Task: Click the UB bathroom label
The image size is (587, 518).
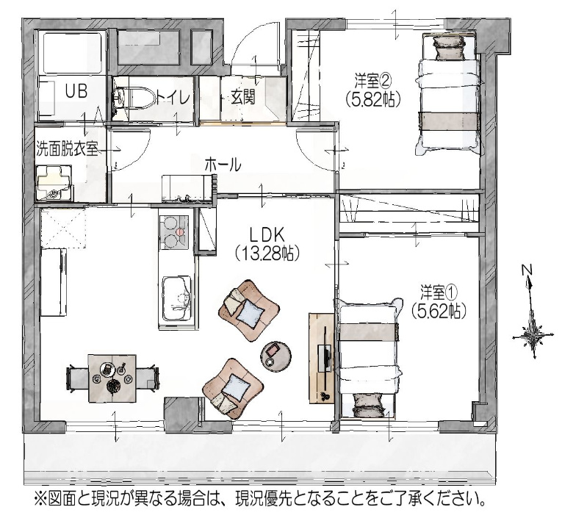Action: click(x=76, y=91)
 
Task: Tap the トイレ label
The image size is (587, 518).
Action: click(x=173, y=98)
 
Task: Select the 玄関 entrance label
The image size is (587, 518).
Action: click(x=243, y=97)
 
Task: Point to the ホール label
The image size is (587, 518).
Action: click(x=223, y=165)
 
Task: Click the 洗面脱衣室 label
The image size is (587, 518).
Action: click(x=67, y=149)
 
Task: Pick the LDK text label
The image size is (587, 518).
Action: click(x=267, y=235)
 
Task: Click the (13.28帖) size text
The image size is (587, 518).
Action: click(x=267, y=254)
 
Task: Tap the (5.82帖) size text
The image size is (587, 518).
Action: click(x=373, y=98)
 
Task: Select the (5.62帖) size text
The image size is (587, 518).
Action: click(x=439, y=310)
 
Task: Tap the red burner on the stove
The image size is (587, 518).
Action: click(x=181, y=231)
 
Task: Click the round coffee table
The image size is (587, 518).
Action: click(x=277, y=353)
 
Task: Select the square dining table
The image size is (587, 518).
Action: click(x=112, y=378)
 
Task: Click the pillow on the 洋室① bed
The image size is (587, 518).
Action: click(x=369, y=406)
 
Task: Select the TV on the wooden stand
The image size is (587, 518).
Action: click(x=324, y=358)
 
